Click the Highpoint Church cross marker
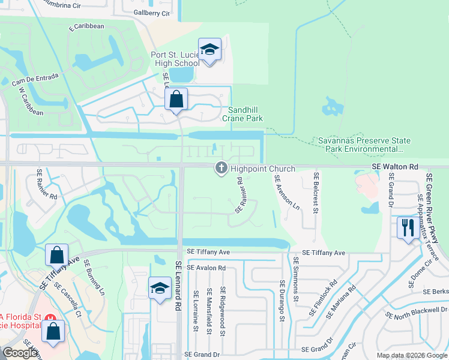221,169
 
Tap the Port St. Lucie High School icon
209,50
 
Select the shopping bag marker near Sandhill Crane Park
176,100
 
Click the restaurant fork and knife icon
408,227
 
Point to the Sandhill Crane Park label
245,114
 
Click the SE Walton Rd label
394,166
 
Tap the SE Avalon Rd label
206,268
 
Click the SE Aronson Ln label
287,191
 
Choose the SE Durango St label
281,301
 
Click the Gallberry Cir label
152,13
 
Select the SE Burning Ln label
94,278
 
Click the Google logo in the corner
20,353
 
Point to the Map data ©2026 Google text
411,355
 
